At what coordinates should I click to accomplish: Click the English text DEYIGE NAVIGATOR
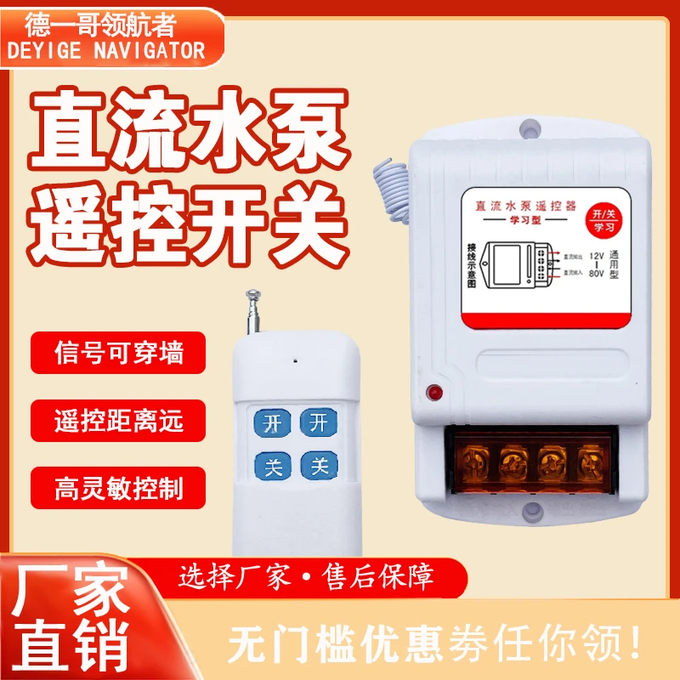coord(106,50)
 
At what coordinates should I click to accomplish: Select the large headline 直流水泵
coord(188,135)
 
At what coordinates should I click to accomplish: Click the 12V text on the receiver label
coord(598,257)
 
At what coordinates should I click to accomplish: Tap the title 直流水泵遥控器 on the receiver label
coord(524,207)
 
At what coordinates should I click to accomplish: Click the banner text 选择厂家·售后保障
coord(307,579)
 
